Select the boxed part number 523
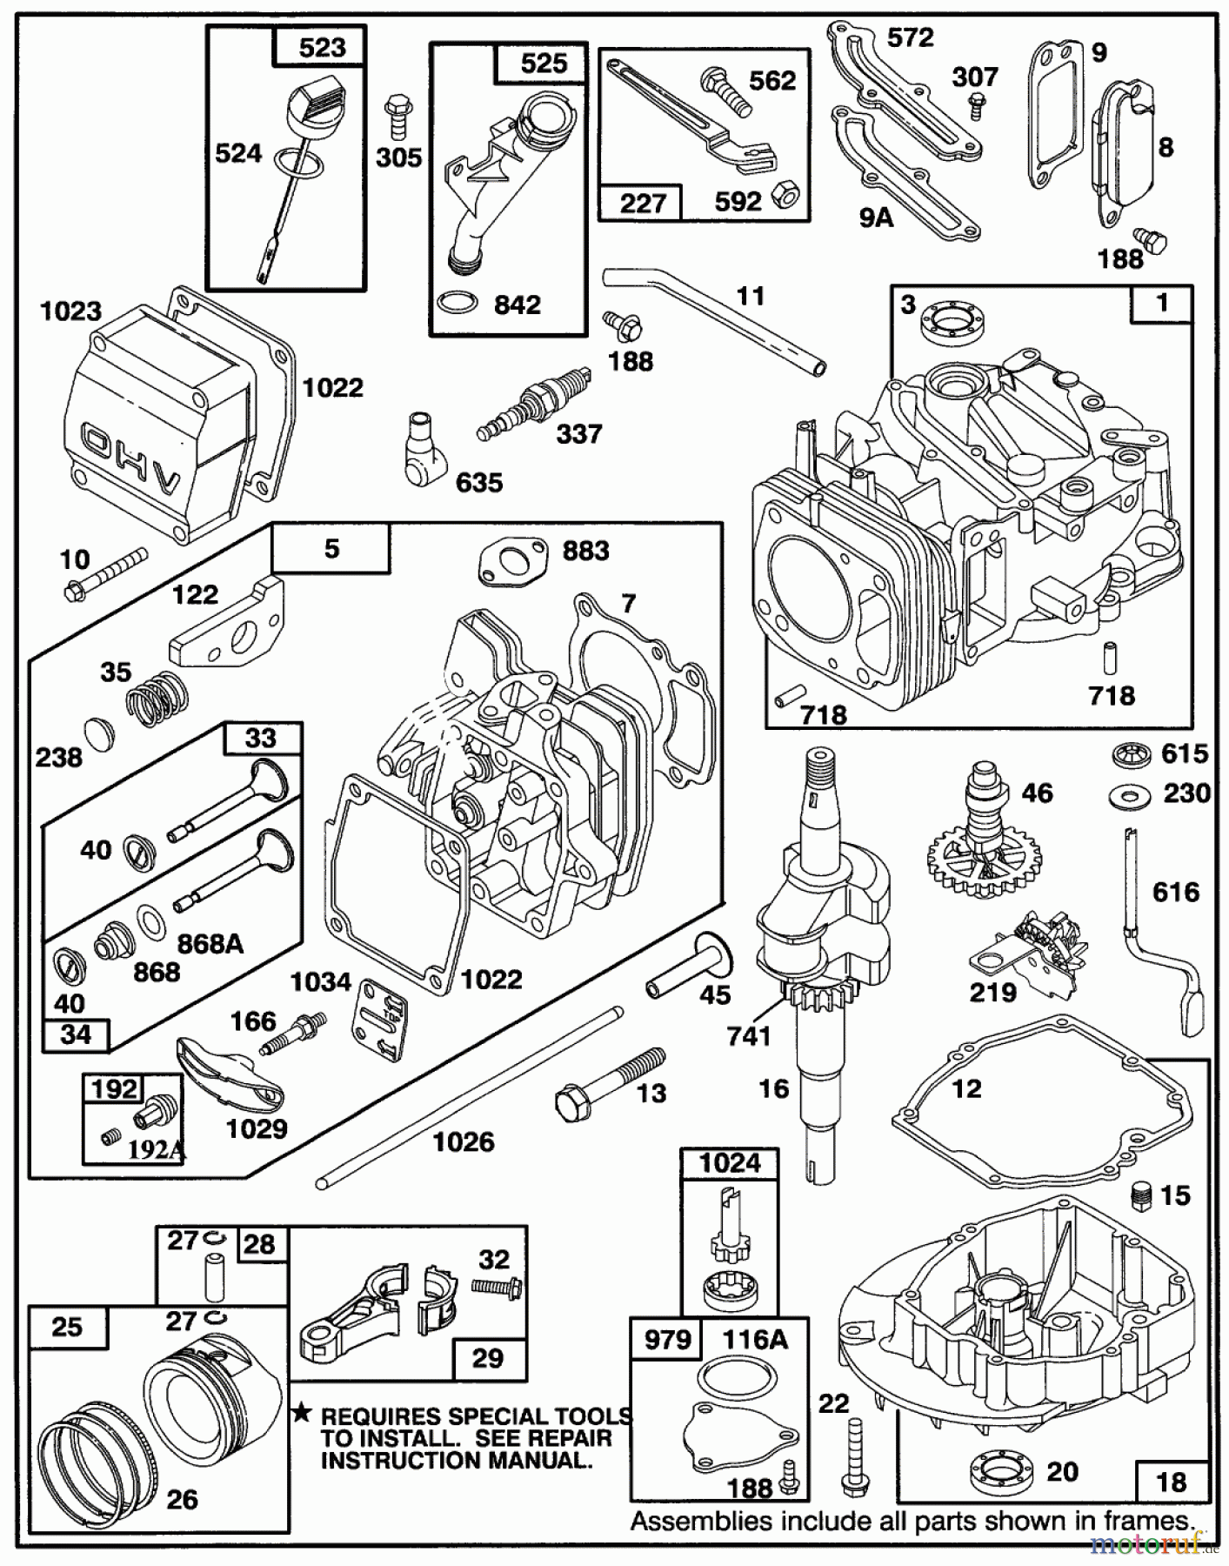click(x=322, y=47)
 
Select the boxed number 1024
click(x=729, y=1163)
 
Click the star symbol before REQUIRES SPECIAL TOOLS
click(x=302, y=1414)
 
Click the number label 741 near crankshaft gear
click(x=749, y=1035)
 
